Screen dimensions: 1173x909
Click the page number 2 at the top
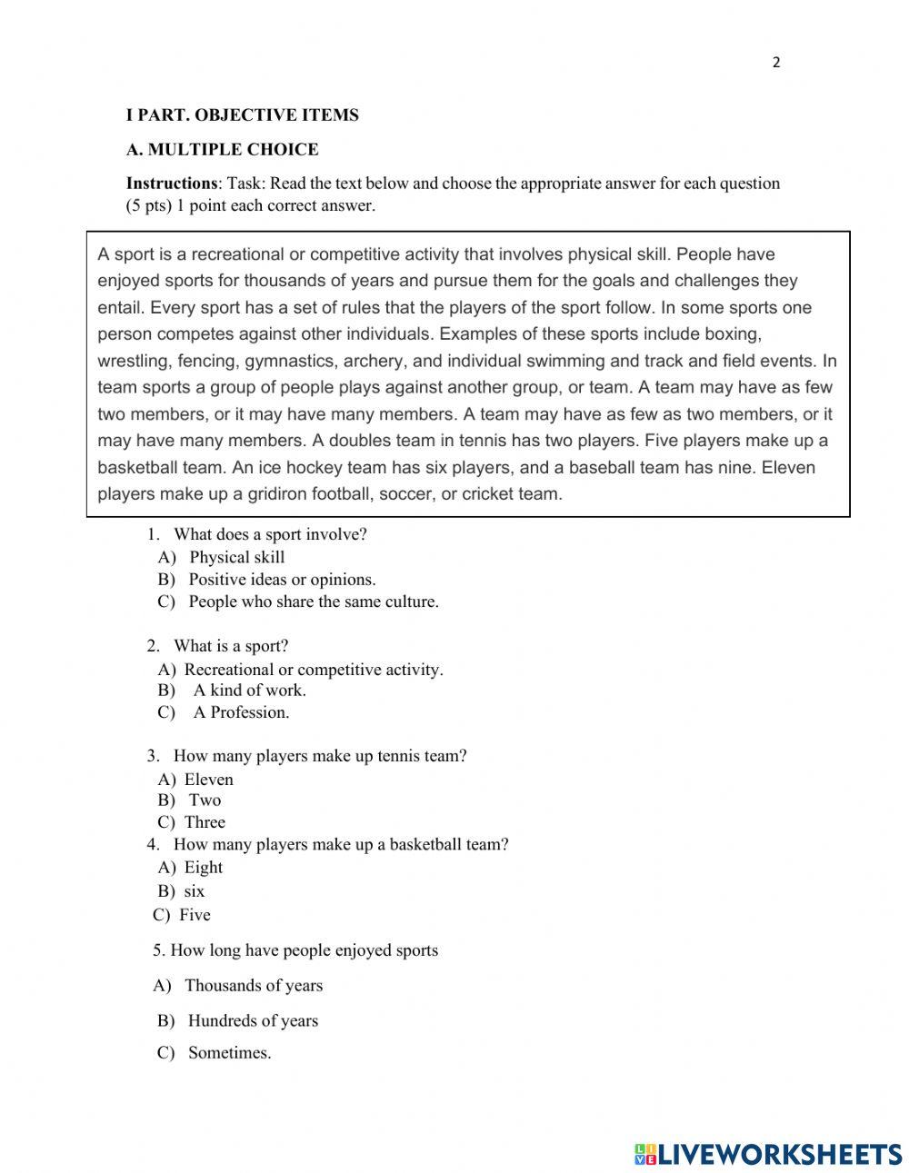(x=775, y=63)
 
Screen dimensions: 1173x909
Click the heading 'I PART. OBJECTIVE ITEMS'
(x=242, y=115)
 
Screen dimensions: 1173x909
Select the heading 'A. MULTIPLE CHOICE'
(x=222, y=150)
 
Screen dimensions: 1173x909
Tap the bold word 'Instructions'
(x=171, y=184)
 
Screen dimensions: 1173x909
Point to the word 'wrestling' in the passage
(x=134, y=361)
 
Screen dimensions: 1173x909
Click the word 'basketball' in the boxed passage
(x=135, y=468)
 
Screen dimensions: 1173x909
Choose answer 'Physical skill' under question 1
(x=236, y=558)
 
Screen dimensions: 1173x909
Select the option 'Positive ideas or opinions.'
(x=282, y=580)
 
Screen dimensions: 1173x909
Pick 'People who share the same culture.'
(x=313, y=601)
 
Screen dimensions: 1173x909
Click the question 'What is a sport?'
(x=231, y=646)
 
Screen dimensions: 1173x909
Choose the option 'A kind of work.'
(x=249, y=691)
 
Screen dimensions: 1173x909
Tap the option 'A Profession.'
(x=241, y=712)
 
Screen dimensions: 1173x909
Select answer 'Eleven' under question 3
(x=208, y=780)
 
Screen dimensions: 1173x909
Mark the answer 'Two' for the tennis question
(x=205, y=800)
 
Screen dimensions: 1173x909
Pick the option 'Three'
(x=205, y=822)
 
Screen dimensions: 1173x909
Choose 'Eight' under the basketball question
(x=203, y=868)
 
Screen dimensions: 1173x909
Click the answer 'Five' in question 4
(x=195, y=915)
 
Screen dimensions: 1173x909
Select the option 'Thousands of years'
(x=253, y=986)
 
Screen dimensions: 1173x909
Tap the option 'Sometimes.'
(x=229, y=1053)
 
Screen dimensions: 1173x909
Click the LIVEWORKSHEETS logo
(x=768, y=1154)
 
